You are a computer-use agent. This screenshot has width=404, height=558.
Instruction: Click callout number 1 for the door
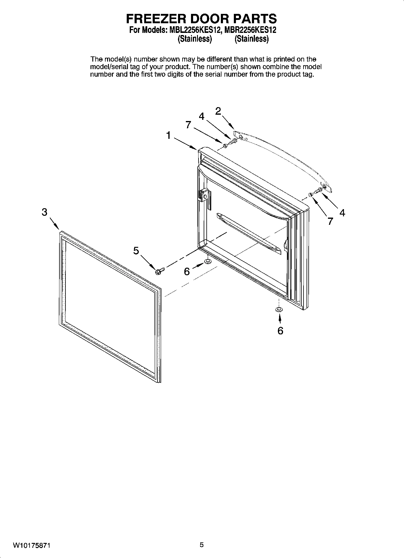[169, 135]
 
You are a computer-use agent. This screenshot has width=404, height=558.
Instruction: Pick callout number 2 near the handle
[218, 111]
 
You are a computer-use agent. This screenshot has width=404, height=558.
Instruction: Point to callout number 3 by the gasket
[44, 212]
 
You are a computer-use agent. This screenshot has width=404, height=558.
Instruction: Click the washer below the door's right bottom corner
[279, 309]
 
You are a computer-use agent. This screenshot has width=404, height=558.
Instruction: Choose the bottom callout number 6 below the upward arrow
[280, 331]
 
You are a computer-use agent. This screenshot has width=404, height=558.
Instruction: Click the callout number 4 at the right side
[342, 213]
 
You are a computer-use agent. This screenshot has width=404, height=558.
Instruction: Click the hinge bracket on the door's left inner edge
[204, 195]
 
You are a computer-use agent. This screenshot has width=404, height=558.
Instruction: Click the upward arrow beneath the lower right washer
[280, 318]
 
